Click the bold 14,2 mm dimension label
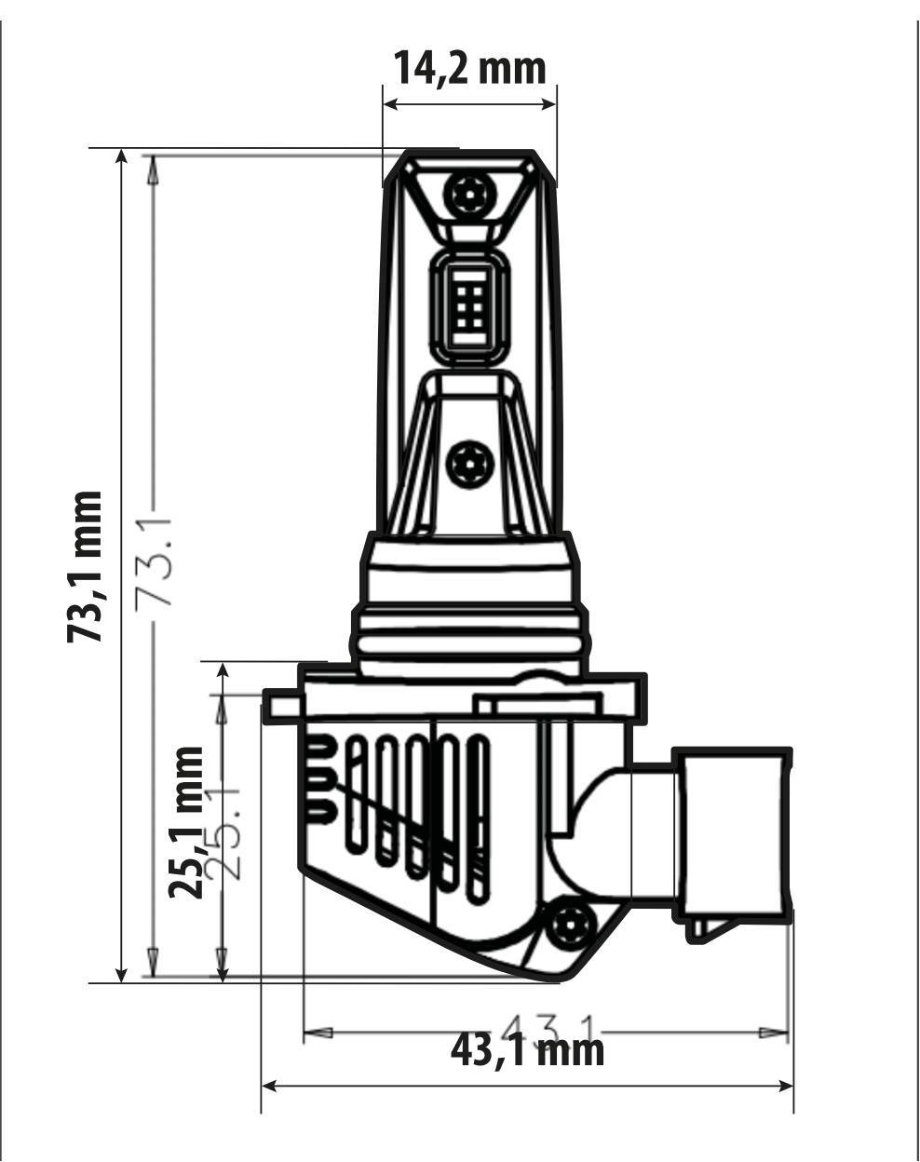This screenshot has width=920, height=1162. [468, 68]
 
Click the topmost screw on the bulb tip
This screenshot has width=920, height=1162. [467, 193]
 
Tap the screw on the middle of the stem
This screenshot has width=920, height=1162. [467, 462]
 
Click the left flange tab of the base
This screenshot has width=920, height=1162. [281, 705]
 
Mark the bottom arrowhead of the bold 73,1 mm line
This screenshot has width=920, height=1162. [121, 973]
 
